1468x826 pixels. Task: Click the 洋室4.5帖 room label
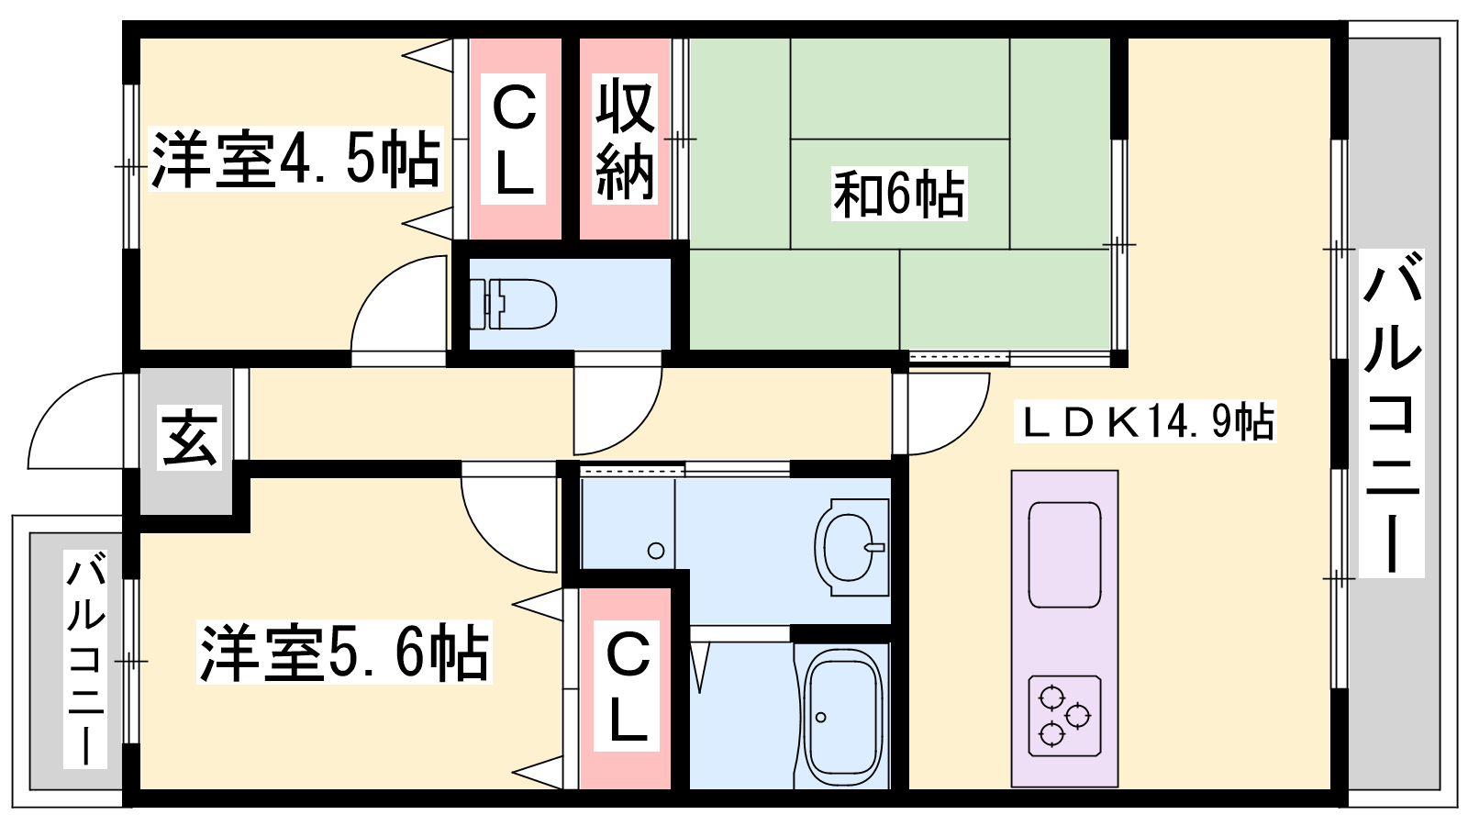click(295, 160)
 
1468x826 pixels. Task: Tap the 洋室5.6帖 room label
click(345, 653)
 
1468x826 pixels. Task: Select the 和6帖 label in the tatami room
click(899, 194)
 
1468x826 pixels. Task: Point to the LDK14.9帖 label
click(1145, 421)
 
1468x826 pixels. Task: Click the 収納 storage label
click(625, 139)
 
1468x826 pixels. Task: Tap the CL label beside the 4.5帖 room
click(514, 139)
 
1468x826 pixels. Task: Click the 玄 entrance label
click(189, 437)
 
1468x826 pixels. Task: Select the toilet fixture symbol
click(513, 304)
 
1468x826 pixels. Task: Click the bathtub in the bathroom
click(842, 718)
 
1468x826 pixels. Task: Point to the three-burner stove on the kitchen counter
click(1064, 716)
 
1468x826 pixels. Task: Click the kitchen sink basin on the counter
click(1064, 554)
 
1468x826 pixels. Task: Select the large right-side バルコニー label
click(1391, 413)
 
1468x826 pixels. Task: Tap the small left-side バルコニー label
click(85, 659)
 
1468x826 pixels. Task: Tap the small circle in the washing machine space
click(655, 551)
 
